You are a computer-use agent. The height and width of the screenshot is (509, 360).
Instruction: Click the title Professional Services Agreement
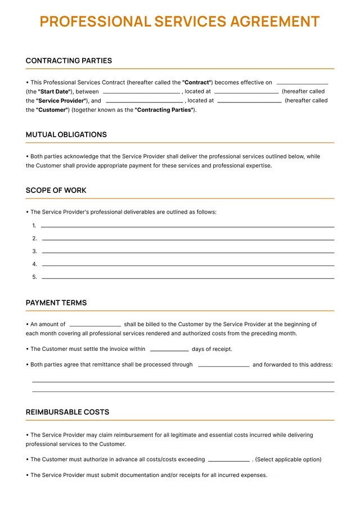179,22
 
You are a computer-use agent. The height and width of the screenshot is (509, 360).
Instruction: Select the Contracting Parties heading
69,61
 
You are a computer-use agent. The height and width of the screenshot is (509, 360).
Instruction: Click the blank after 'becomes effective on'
302,83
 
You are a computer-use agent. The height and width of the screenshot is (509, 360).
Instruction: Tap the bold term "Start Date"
54,92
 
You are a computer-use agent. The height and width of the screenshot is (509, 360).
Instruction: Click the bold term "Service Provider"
60,101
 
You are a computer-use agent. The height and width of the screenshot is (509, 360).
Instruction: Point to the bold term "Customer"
52,110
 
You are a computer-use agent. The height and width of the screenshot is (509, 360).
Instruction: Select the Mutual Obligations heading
66,135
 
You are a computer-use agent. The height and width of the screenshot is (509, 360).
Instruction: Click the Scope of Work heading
56,191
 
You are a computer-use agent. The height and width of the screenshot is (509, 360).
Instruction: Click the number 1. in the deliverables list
34,226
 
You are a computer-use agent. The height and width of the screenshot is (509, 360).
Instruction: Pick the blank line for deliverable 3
188,252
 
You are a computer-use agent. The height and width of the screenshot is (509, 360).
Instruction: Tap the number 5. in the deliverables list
34,277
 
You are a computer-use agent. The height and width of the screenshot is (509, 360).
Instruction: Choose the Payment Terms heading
56,303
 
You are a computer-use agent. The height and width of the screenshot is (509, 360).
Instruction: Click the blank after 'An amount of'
95,325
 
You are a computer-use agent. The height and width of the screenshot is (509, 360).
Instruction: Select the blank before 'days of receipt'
169,350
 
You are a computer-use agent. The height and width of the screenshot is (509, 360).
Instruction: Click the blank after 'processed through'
223,366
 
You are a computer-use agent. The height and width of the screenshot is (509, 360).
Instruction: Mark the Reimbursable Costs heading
67,412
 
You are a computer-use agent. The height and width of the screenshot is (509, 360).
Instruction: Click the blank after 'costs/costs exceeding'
228,460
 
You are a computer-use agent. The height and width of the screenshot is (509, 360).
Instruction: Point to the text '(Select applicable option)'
288,460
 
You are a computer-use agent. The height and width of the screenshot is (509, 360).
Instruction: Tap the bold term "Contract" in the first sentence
196,83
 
